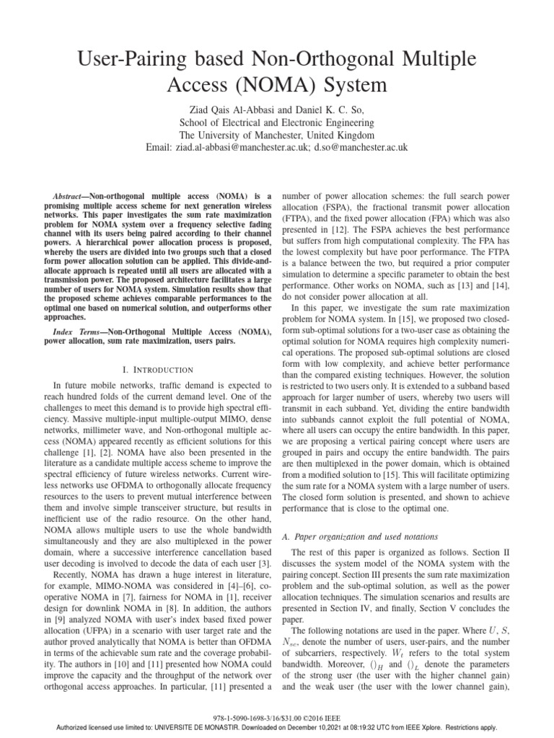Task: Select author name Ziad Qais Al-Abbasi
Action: pos(229,109)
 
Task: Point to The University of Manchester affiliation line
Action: pos(277,135)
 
